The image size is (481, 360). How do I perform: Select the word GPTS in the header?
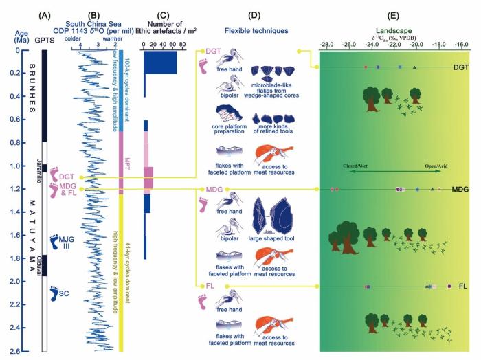pos(45,41)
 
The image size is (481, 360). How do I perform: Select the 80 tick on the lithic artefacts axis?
pos(183,44)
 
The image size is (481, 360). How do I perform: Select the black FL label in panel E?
pos(463,285)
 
